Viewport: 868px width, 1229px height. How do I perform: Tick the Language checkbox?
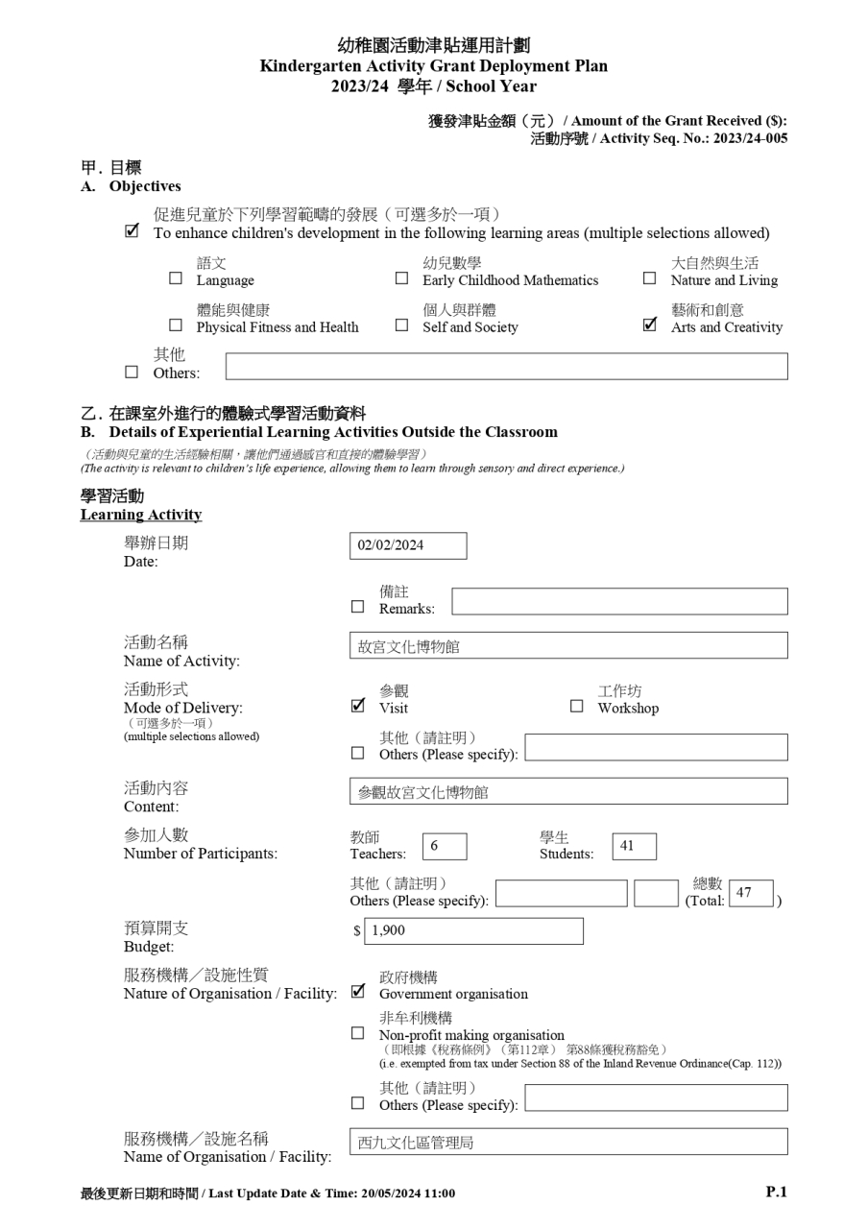(176, 279)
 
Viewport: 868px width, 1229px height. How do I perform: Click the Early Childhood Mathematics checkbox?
(401, 279)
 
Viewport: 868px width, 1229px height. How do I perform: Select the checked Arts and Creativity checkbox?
(650, 325)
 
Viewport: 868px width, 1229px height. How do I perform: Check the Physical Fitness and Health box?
(176, 325)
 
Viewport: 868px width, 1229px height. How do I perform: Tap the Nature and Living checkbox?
(650, 279)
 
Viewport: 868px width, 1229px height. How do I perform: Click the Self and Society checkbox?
(401, 325)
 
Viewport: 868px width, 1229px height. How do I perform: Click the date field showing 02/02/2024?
(408, 545)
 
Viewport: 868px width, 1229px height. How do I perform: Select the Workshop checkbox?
(577, 707)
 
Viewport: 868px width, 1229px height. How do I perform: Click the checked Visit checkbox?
(358, 706)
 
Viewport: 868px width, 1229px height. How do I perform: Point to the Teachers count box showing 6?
(444, 846)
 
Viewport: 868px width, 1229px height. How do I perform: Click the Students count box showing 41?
(634, 846)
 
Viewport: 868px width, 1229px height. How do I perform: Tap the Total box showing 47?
(751, 893)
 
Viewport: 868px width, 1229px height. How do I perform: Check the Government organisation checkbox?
(358, 991)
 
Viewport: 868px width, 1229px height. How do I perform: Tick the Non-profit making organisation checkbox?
(358, 1033)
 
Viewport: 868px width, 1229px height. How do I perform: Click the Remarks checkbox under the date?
(358, 607)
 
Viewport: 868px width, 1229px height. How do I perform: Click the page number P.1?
(776, 1192)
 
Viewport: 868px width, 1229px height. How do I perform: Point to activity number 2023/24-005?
(750, 138)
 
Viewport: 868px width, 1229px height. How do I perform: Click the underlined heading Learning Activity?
(141, 515)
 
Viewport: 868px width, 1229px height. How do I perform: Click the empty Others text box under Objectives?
(506, 366)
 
